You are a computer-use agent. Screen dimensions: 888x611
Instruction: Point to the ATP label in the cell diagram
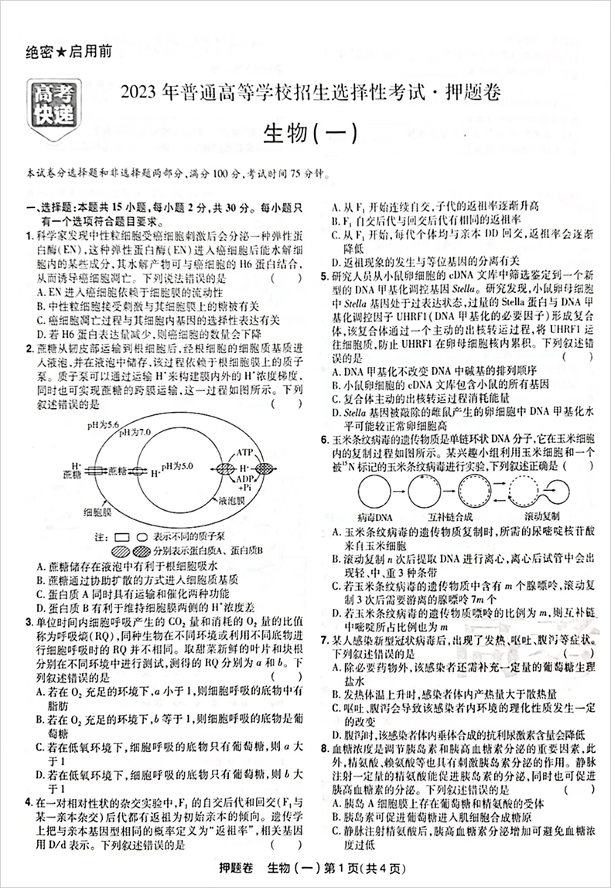[x=245, y=451]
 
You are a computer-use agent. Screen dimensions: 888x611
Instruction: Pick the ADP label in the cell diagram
[x=246, y=479]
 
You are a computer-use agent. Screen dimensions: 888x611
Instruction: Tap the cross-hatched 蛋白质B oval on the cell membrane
[x=265, y=468]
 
